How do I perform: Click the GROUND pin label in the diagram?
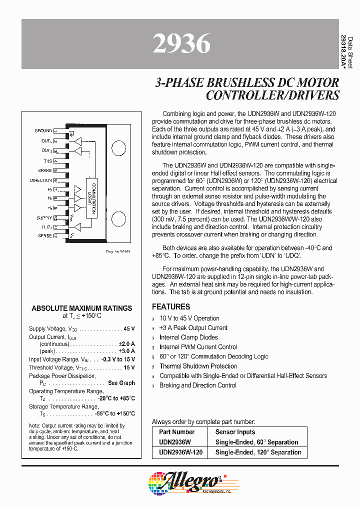(43, 130)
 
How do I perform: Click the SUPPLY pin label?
(44, 218)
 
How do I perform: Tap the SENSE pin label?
(44, 235)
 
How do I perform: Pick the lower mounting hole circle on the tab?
(118, 218)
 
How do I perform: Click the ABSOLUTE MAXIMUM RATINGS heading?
(82, 308)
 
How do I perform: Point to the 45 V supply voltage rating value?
(129, 328)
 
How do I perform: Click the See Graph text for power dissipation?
(121, 383)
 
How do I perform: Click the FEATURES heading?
(171, 306)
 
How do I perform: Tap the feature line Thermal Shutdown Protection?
(198, 366)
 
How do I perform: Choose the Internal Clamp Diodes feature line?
(188, 337)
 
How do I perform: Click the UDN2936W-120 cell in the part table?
(180, 452)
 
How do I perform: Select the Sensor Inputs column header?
(235, 431)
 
